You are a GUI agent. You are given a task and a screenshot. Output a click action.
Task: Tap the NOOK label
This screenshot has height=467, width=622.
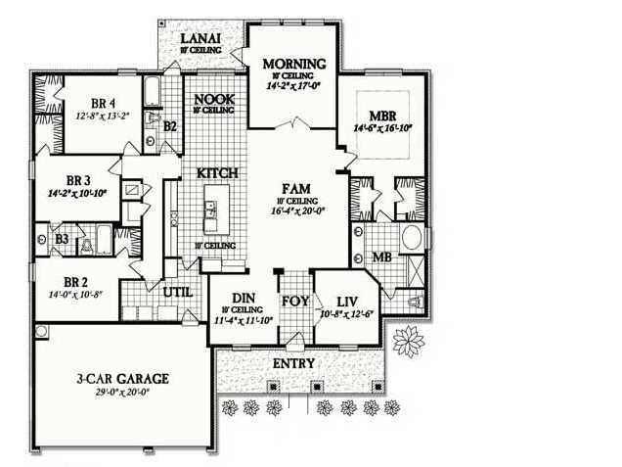point(212,99)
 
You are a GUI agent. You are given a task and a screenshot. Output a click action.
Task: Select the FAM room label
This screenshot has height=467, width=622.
point(296,186)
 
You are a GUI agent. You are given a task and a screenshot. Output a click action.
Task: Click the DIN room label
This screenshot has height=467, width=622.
point(244,298)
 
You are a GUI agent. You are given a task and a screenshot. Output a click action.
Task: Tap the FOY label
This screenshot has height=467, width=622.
point(295,301)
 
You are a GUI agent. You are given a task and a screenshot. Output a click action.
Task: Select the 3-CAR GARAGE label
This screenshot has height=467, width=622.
point(124,378)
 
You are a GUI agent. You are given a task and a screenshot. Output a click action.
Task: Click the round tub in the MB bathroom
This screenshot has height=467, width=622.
point(412,238)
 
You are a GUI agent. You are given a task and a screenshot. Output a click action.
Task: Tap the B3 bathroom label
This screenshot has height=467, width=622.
point(62,238)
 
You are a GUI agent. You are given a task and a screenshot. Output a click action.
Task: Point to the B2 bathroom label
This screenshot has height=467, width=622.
point(169,125)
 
